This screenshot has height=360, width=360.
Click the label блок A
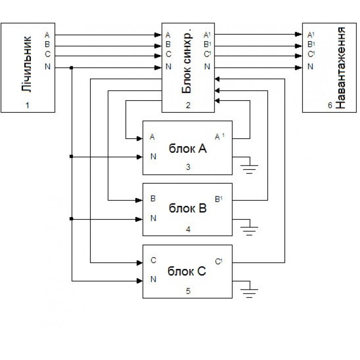pos(187,148)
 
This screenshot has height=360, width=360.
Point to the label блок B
pos(187,208)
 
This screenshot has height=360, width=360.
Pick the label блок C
pos(187,271)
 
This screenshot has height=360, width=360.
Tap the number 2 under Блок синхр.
pos(188,105)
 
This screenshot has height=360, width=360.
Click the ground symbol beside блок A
pos(250,167)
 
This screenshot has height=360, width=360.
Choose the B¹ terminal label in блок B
pos(219,198)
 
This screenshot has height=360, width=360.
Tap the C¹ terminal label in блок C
pos(219,260)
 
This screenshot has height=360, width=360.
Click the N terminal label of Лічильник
pos(47,67)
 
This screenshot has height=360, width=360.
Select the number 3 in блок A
pos(188,167)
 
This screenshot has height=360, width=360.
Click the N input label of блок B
pos(153,218)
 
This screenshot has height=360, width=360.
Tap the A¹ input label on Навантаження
pos(310,35)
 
